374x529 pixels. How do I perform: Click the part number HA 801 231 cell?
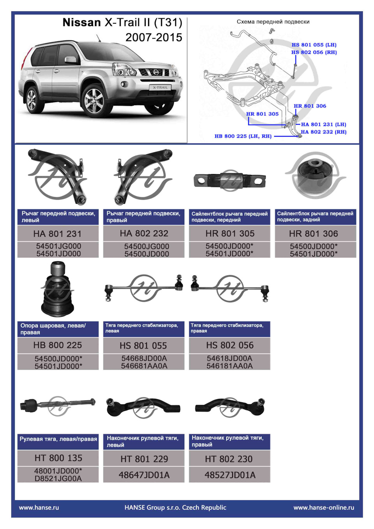[58, 234]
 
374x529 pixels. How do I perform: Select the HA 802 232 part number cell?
[144, 233]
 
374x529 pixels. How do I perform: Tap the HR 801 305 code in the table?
[230, 233]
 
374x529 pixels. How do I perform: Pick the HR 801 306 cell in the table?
[314, 234]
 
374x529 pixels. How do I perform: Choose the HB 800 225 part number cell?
[58, 345]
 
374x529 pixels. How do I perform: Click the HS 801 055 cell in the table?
[143, 346]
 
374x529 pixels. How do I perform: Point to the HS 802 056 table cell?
[230, 345]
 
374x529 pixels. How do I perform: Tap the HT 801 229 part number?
[144, 459]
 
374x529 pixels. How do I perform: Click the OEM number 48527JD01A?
[230, 475]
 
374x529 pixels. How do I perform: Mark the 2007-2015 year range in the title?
[153, 37]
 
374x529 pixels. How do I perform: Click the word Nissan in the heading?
[82, 23]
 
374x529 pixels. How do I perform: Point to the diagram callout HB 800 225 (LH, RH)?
[243, 136]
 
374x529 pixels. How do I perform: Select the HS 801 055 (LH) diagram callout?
[314, 45]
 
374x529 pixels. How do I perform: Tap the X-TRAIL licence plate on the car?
[160, 88]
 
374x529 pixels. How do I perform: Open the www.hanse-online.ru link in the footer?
[324, 508]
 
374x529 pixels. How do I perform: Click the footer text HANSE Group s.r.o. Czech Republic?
[175, 508]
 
